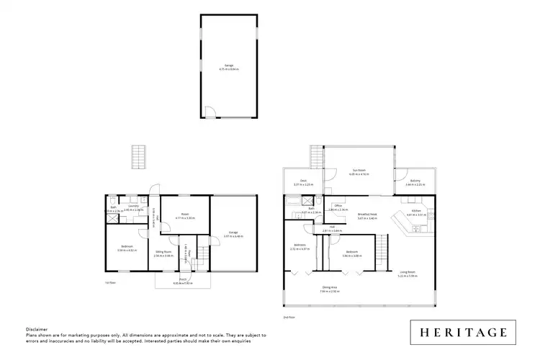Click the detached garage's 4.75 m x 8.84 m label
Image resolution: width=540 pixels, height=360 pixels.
229,69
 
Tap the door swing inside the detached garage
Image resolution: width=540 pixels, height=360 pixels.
209,112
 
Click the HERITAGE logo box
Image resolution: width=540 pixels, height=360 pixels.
462,332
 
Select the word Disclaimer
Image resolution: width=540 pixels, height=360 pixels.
35,327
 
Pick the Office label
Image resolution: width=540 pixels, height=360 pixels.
338,207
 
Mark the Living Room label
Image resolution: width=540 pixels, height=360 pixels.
408,271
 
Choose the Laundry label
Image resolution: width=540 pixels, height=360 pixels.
133,207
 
